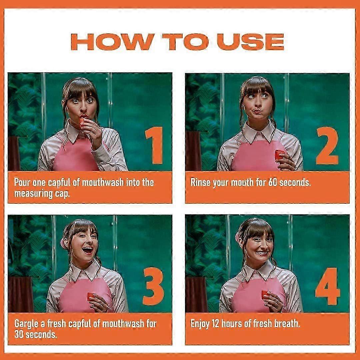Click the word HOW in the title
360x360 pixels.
[x=113, y=42]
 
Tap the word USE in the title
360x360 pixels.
[x=250, y=42]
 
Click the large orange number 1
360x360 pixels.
[x=155, y=145]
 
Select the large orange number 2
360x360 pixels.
[x=327, y=145]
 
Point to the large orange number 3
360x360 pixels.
[x=153, y=286]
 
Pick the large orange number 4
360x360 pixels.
[x=328, y=286]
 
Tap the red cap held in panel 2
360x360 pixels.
[x=279, y=155]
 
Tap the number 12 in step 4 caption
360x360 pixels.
[x=215, y=323]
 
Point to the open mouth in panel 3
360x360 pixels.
[x=87, y=250]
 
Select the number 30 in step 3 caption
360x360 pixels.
[x=19, y=334]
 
